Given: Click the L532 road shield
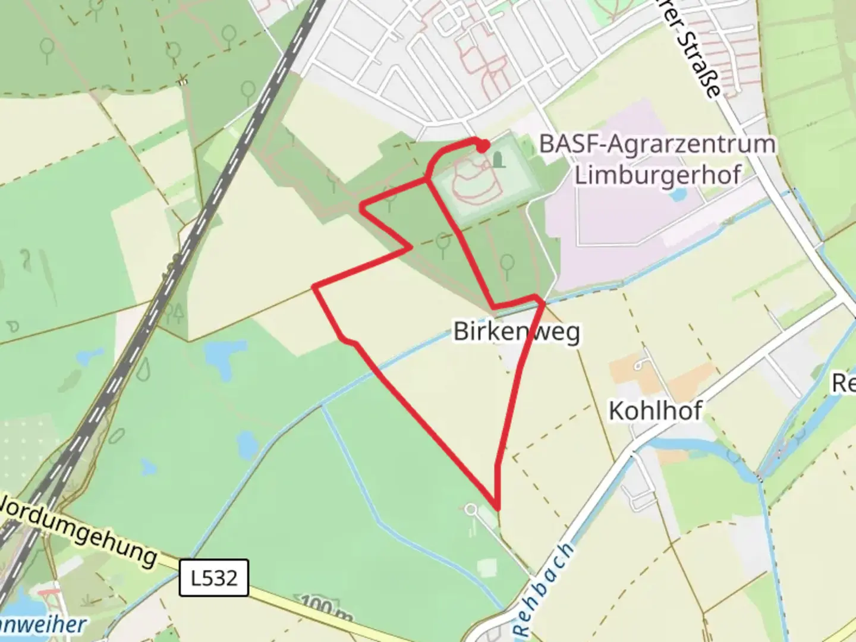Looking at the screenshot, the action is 214,577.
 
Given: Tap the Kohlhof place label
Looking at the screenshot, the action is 655,411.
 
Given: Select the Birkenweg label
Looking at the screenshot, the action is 517,331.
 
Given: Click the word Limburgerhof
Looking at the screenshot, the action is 658,175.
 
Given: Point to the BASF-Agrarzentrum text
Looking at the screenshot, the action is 657,144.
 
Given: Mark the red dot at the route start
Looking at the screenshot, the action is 483,146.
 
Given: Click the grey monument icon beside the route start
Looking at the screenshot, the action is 498,159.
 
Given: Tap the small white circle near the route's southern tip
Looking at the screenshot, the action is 471,509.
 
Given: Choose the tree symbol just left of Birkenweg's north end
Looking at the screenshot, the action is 506,265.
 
